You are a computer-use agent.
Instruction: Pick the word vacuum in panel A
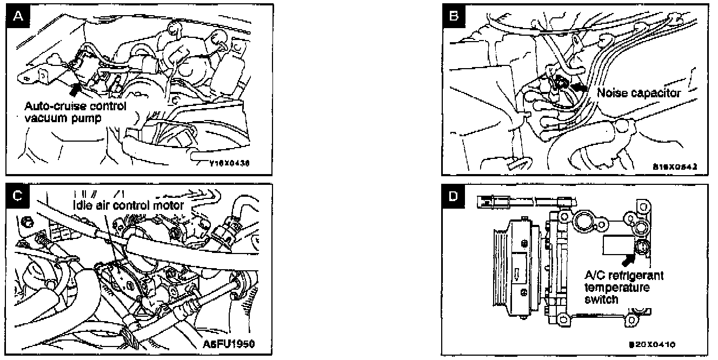[43, 118]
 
